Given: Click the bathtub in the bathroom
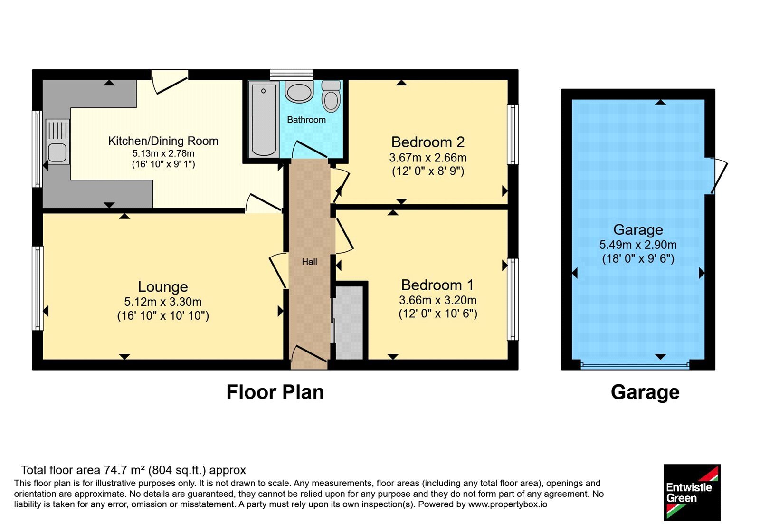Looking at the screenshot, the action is (264, 119).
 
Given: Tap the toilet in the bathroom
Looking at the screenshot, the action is (331, 96).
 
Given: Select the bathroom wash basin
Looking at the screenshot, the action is (299, 92).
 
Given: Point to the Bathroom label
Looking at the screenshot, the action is (306, 120).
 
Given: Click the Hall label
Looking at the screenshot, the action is (309, 262).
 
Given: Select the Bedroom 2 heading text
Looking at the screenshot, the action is (428, 142).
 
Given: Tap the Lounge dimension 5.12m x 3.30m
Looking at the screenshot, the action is (163, 302).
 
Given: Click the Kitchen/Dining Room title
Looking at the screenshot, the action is (163, 141).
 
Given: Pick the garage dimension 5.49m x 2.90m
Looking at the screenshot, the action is (638, 245).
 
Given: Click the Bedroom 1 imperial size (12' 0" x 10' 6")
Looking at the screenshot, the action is (438, 313).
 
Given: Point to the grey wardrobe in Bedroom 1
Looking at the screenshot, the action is (349, 322).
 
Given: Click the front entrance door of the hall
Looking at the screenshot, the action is (309, 354).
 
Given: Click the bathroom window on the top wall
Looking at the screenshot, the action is (292, 74).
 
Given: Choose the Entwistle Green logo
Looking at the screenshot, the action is (692, 492).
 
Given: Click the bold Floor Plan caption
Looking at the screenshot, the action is (275, 392).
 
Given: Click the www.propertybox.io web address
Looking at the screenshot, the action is (508, 504).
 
